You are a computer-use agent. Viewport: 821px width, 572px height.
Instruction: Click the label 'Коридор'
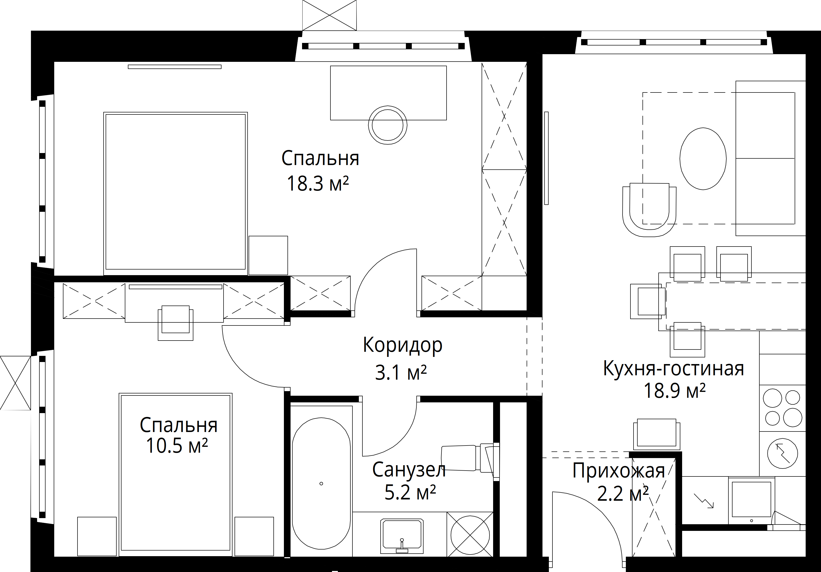point(403,345)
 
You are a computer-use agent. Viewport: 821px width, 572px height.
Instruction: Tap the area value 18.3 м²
point(317,184)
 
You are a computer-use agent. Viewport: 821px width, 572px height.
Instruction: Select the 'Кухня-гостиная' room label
point(673,368)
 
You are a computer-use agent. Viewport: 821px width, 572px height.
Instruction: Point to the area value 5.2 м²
point(410,492)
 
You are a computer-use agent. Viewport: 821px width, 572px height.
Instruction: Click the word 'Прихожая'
point(619,471)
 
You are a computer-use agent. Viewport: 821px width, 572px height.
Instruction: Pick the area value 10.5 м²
point(177,446)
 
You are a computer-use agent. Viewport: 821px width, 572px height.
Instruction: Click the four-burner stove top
point(782,408)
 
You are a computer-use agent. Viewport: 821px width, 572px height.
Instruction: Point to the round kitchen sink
point(783,453)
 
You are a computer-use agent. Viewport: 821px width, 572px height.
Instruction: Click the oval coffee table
point(703,159)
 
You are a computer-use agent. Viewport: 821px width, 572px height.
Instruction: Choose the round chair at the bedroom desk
point(388,125)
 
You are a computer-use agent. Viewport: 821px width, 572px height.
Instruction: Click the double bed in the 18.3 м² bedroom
point(175,193)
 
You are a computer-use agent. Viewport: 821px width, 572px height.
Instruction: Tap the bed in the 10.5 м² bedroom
point(175,474)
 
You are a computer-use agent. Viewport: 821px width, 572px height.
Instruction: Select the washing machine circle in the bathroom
point(470,534)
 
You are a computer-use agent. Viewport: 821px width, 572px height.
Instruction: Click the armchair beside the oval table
point(649,210)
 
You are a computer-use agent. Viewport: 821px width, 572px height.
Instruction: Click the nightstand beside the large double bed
point(268,255)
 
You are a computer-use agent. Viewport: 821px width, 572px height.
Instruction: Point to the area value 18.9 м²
point(675,391)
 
